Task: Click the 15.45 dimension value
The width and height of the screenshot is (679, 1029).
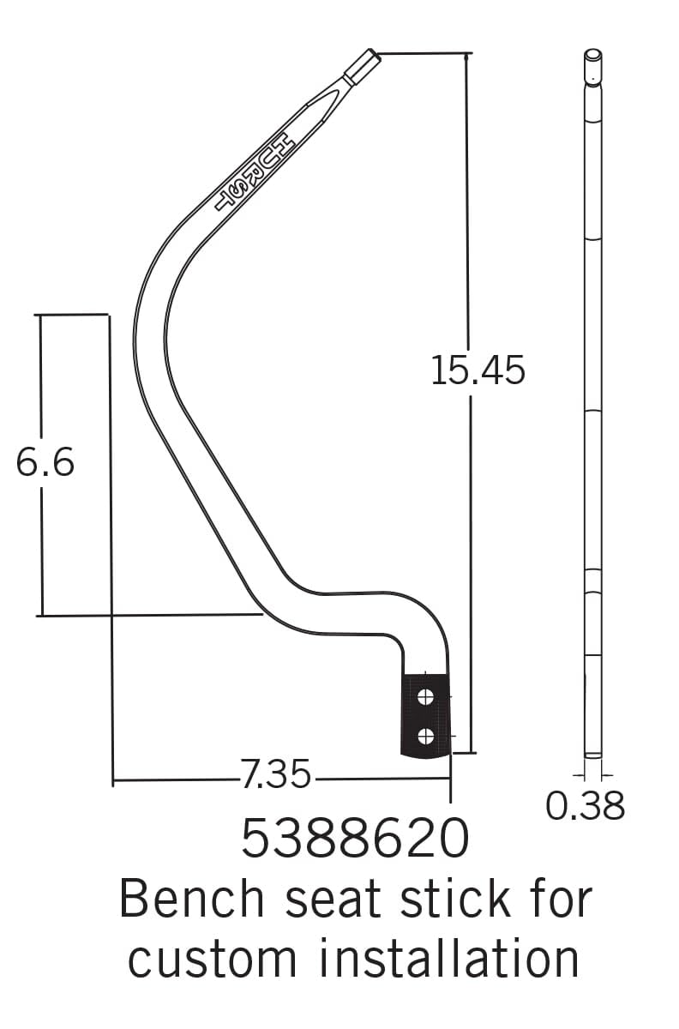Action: [478, 370]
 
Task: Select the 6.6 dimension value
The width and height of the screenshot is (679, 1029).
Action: [45, 463]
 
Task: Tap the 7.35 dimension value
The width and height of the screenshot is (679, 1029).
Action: [275, 776]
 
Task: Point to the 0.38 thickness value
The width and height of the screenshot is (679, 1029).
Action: [586, 806]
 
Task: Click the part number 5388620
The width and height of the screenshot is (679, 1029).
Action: [355, 838]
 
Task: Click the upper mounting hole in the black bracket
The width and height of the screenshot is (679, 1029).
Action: [424, 697]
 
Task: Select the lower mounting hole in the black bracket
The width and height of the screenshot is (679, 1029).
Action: [424, 735]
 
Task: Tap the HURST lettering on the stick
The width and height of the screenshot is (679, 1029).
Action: [255, 169]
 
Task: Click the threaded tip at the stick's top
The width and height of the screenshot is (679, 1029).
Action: [363, 63]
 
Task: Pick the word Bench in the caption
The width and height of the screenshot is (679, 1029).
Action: [192, 899]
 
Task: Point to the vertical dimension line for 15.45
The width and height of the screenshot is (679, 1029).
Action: [470, 214]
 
